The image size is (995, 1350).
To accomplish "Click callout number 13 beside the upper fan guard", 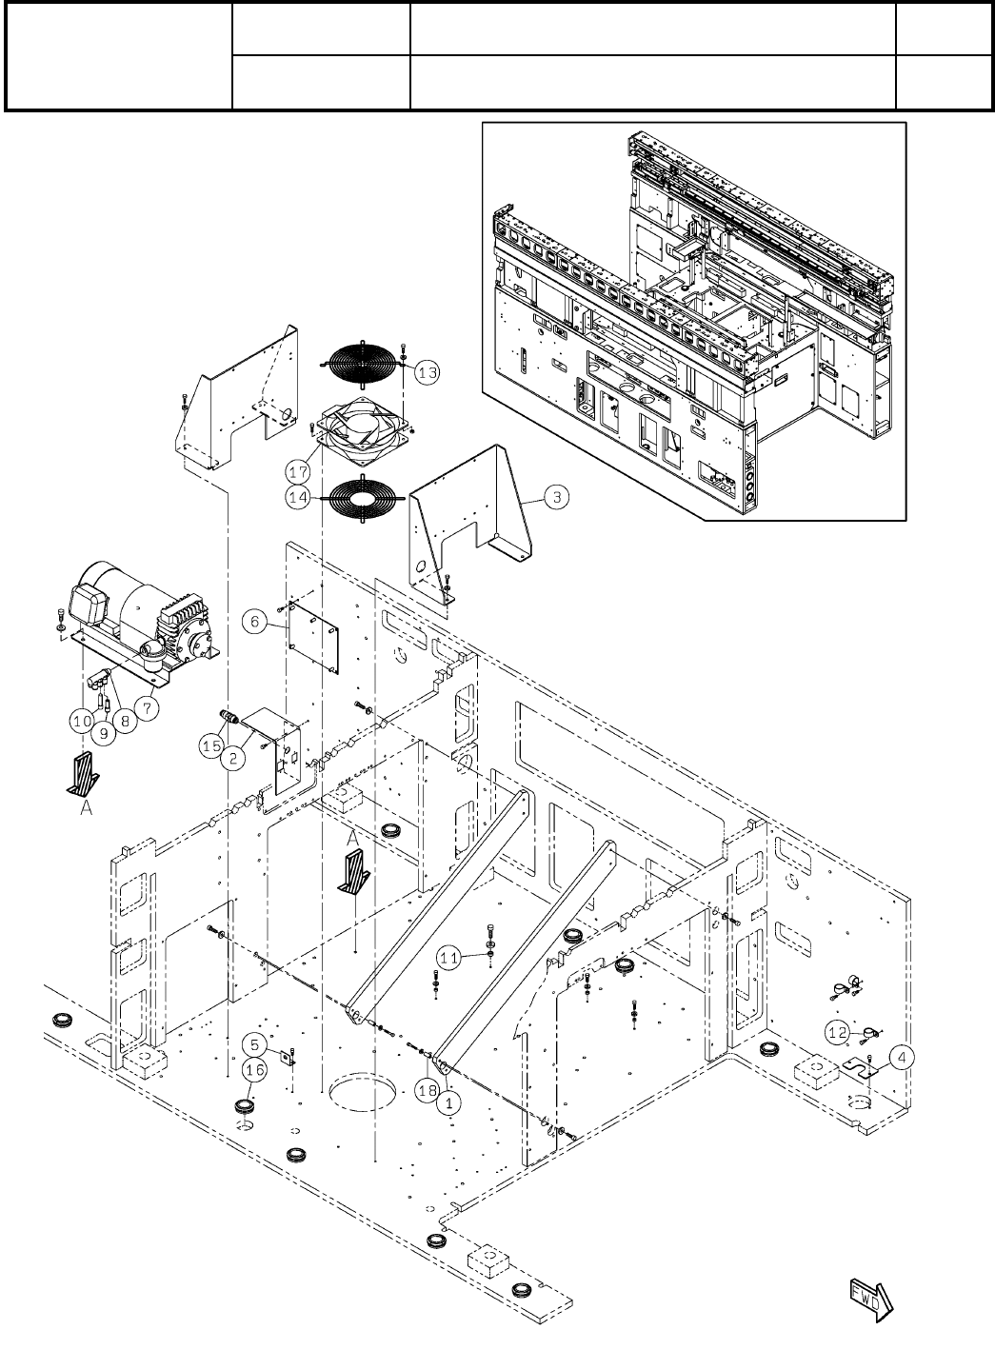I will tap(428, 372).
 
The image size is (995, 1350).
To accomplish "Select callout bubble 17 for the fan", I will tap(298, 470).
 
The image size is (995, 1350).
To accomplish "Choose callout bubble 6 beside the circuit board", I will tap(254, 621).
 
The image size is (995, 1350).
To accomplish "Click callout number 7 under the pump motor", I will tap(148, 707).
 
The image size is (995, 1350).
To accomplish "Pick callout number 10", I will tap(81, 723).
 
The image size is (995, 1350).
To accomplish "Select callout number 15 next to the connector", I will tap(212, 747).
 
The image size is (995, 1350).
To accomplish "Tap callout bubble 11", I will tap(451, 954).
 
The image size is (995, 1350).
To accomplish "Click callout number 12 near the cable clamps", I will tap(837, 1032).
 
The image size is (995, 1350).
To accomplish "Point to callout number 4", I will tap(902, 1056).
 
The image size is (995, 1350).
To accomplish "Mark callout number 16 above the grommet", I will tap(254, 1070).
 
